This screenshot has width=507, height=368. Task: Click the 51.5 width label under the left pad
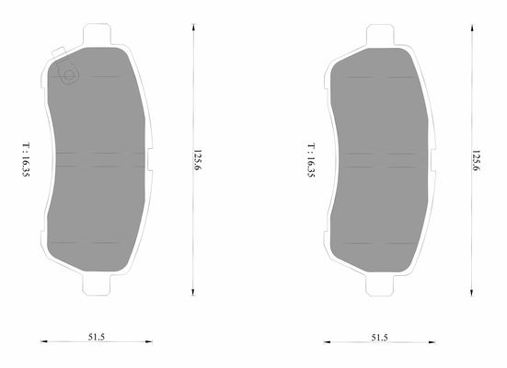[x=97, y=337]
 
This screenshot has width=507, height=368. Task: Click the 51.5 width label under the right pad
[x=379, y=338]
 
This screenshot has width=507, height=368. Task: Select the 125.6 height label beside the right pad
[x=477, y=161]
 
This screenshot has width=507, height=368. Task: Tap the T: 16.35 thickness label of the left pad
[x=26, y=159]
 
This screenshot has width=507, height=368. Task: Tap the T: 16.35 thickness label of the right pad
[x=311, y=160]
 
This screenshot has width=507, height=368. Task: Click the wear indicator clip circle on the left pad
[x=69, y=75]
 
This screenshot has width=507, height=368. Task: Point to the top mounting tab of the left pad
[x=97, y=34]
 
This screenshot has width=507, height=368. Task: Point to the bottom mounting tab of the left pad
[x=97, y=285]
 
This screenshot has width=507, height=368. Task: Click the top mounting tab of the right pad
[x=380, y=35]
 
